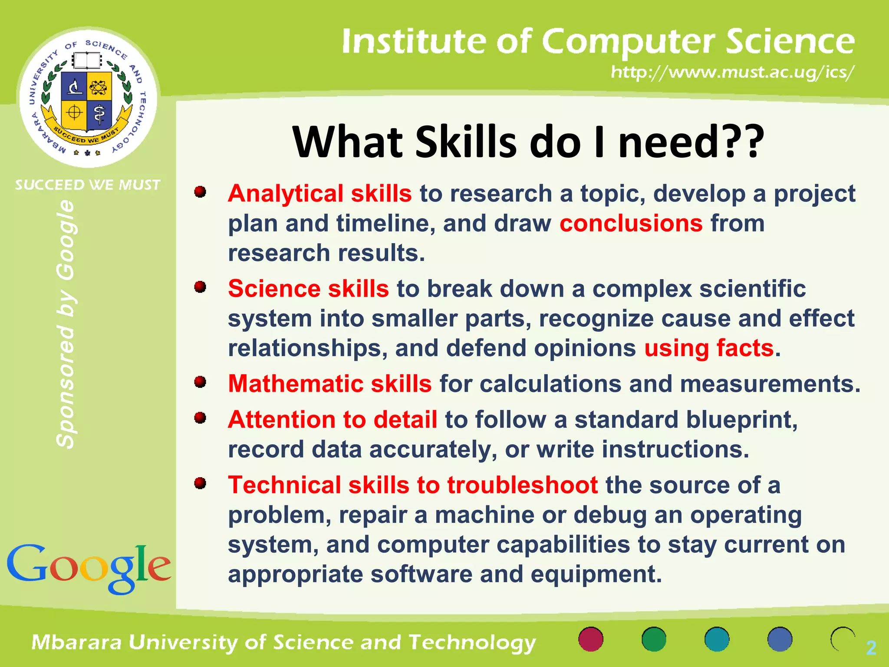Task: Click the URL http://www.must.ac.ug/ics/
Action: [x=732, y=72]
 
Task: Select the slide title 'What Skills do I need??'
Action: [x=527, y=142]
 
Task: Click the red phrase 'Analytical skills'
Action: [x=319, y=193]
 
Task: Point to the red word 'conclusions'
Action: [x=631, y=223]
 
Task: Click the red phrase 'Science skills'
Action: [x=308, y=288]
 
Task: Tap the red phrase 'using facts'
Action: [x=709, y=348]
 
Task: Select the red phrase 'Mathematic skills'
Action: [x=329, y=383]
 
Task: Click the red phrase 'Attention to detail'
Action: [x=332, y=419]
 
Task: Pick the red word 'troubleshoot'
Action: [x=522, y=485]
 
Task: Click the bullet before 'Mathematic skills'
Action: [x=200, y=382]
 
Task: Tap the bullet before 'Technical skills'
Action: [x=200, y=483]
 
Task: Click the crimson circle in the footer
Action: [x=591, y=639]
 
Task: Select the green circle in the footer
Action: [x=654, y=639]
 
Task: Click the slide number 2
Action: [x=871, y=648]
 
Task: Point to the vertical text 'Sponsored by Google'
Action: [x=66, y=324]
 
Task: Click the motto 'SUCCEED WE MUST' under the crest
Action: [x=88, y=185]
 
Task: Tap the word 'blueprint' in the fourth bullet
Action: [x=741, y=419]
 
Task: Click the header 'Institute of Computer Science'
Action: [x=598, y=41]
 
